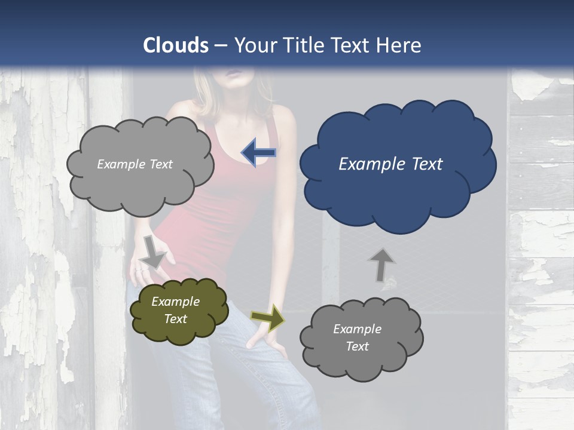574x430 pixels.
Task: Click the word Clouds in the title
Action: pos(176,45)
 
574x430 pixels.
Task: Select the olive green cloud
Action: pos(179,311)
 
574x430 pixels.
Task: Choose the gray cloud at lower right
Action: pos(361,338)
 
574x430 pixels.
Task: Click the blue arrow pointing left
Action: pos(258,153)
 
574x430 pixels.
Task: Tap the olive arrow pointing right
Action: pos(267,318)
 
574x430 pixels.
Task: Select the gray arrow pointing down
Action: pos(153,251)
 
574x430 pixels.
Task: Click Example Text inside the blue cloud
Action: pos(390,164)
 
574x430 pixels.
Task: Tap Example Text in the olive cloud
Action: pos(175,310)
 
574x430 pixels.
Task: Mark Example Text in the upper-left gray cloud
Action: pos(135,164)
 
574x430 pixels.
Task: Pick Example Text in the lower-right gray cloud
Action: pos(357,337)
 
